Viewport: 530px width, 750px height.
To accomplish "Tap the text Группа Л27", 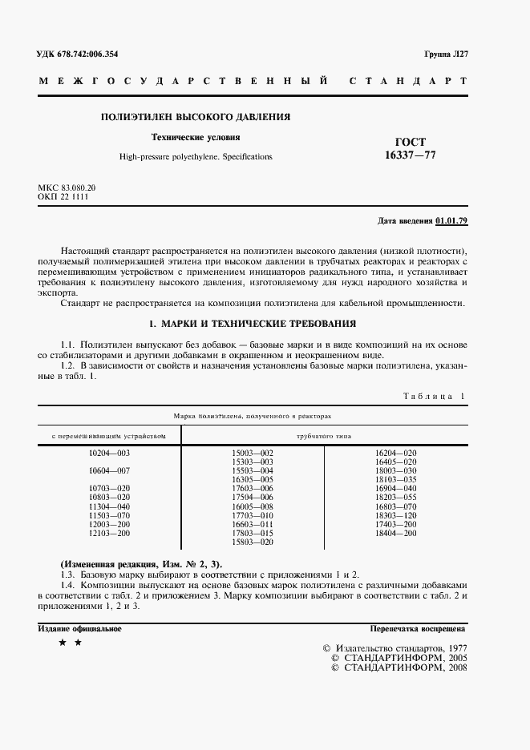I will tap(445, 54).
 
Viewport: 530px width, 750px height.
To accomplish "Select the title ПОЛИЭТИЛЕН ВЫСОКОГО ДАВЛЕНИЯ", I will tap(195, 117).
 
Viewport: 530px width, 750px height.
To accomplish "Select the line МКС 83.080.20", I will tap(72, 187).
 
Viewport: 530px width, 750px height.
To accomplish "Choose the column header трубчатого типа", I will tap(323, 436).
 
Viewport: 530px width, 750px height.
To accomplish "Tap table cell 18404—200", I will tap(396, 533).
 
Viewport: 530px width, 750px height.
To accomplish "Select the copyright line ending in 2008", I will tap(394, 667).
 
